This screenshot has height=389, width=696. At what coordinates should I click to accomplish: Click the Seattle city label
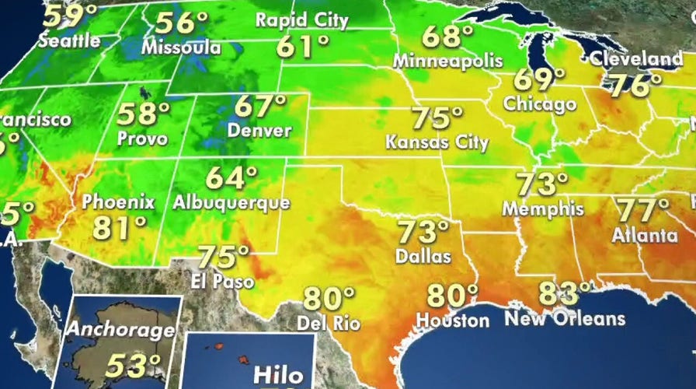(70, 40)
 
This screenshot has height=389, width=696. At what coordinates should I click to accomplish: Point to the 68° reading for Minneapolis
(448, 37)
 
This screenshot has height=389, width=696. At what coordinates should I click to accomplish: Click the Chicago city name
(540, 103)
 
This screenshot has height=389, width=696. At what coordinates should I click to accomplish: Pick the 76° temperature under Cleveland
(629, 85)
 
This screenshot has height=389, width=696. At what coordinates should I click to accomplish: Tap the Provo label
(142, 138)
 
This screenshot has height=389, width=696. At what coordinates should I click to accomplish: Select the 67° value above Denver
(262, 106)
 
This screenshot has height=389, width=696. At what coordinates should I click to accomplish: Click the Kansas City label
(437, 142)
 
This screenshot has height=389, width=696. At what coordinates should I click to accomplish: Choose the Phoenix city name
(118, 203)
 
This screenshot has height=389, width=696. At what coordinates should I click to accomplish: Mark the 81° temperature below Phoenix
(120, 228)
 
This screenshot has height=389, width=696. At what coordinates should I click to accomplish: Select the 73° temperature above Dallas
(423, 232)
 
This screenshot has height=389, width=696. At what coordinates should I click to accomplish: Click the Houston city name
(452, 319)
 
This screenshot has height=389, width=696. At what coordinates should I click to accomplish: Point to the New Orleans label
(565, 318)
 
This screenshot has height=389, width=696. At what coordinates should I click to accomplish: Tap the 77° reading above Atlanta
(642, 210)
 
